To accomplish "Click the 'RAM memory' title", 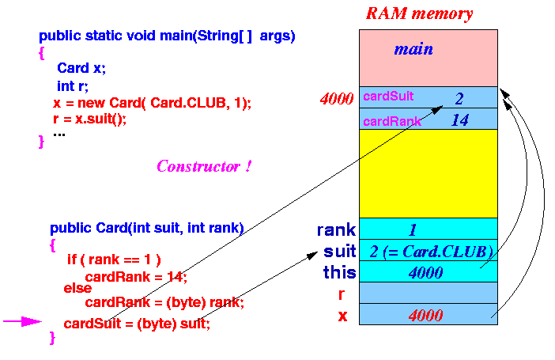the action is pyautogui.click(x=419, y=13).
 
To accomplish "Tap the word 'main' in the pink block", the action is pyautogui.click(x=413, y=49).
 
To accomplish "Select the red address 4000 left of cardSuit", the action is pyautogui.click(x=337, y=98).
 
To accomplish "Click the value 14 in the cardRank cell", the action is pyautogui.click(x=460, y=120).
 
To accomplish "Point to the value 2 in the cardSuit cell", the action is pyautogui.click(x=459, y=98).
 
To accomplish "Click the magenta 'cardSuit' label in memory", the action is pyautogui.click(x=388, y=96).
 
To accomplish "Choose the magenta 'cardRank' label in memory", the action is pyautogui.click(x=392, y=122).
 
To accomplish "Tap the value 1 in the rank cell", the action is pyautogui.click(x=413, y=230).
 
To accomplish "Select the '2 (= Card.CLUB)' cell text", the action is pyautogui.click(x=431, y=252).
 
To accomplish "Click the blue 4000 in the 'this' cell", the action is pyautogui.click(x=426, y=273).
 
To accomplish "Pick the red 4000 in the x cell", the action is pyautogui.click(x=426, y=316).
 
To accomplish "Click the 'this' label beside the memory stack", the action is pyautogui.click(x=339, y=272).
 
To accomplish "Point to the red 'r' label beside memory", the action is pyautogui.click(x=342, y=294).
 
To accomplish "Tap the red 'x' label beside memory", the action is pyautogui.click(x=342, y=316).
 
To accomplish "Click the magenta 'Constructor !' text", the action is pyautogui.click(x=204, y=166).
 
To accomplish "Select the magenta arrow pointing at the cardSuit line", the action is pyautogui.click(x=22, y=321).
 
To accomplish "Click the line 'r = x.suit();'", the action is pyautogui.click(x=89, y=119).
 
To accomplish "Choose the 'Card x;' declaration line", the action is pyautogui.click(x=81, y=68).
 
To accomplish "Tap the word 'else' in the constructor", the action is pyautogui.click(x=77, y=288).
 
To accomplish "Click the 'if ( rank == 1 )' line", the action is pyautogui.click(x=114, y=260).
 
